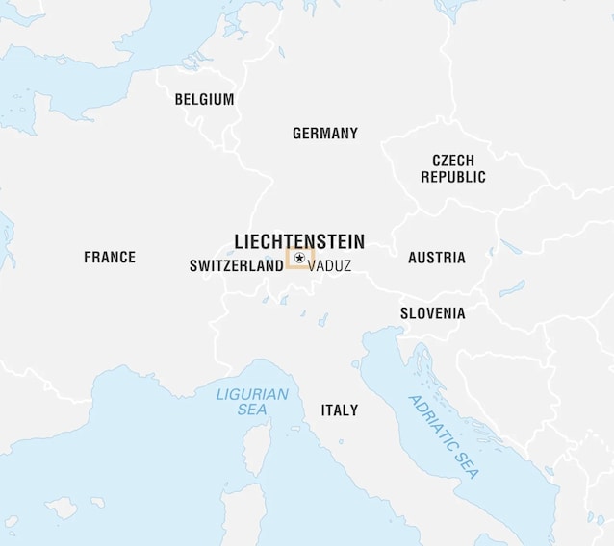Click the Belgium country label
coord(204,99)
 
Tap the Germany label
coord(325,134)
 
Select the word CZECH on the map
coord(453,161)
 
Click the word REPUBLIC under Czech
coord(453,177)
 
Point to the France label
coord(110,258)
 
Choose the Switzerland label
coord(236,266)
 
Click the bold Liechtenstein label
coord(299,240)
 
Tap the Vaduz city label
coord(330,266)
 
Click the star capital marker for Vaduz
coord(299,258)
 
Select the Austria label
coord(436,258)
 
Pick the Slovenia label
coord(433,313)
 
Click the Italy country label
coord(339,410)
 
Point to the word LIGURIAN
coord(252,394)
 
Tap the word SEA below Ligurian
coord(252,409)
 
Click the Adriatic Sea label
coord(443,437)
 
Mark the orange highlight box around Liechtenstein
coord(288,259)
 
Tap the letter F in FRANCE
coord(89,258)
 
